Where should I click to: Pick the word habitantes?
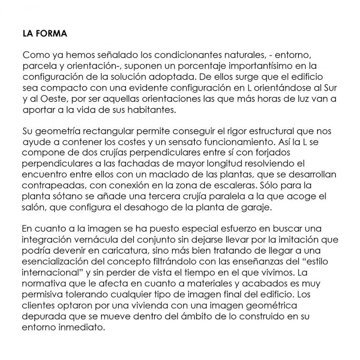pyautogui.click(x=155, y=110)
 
